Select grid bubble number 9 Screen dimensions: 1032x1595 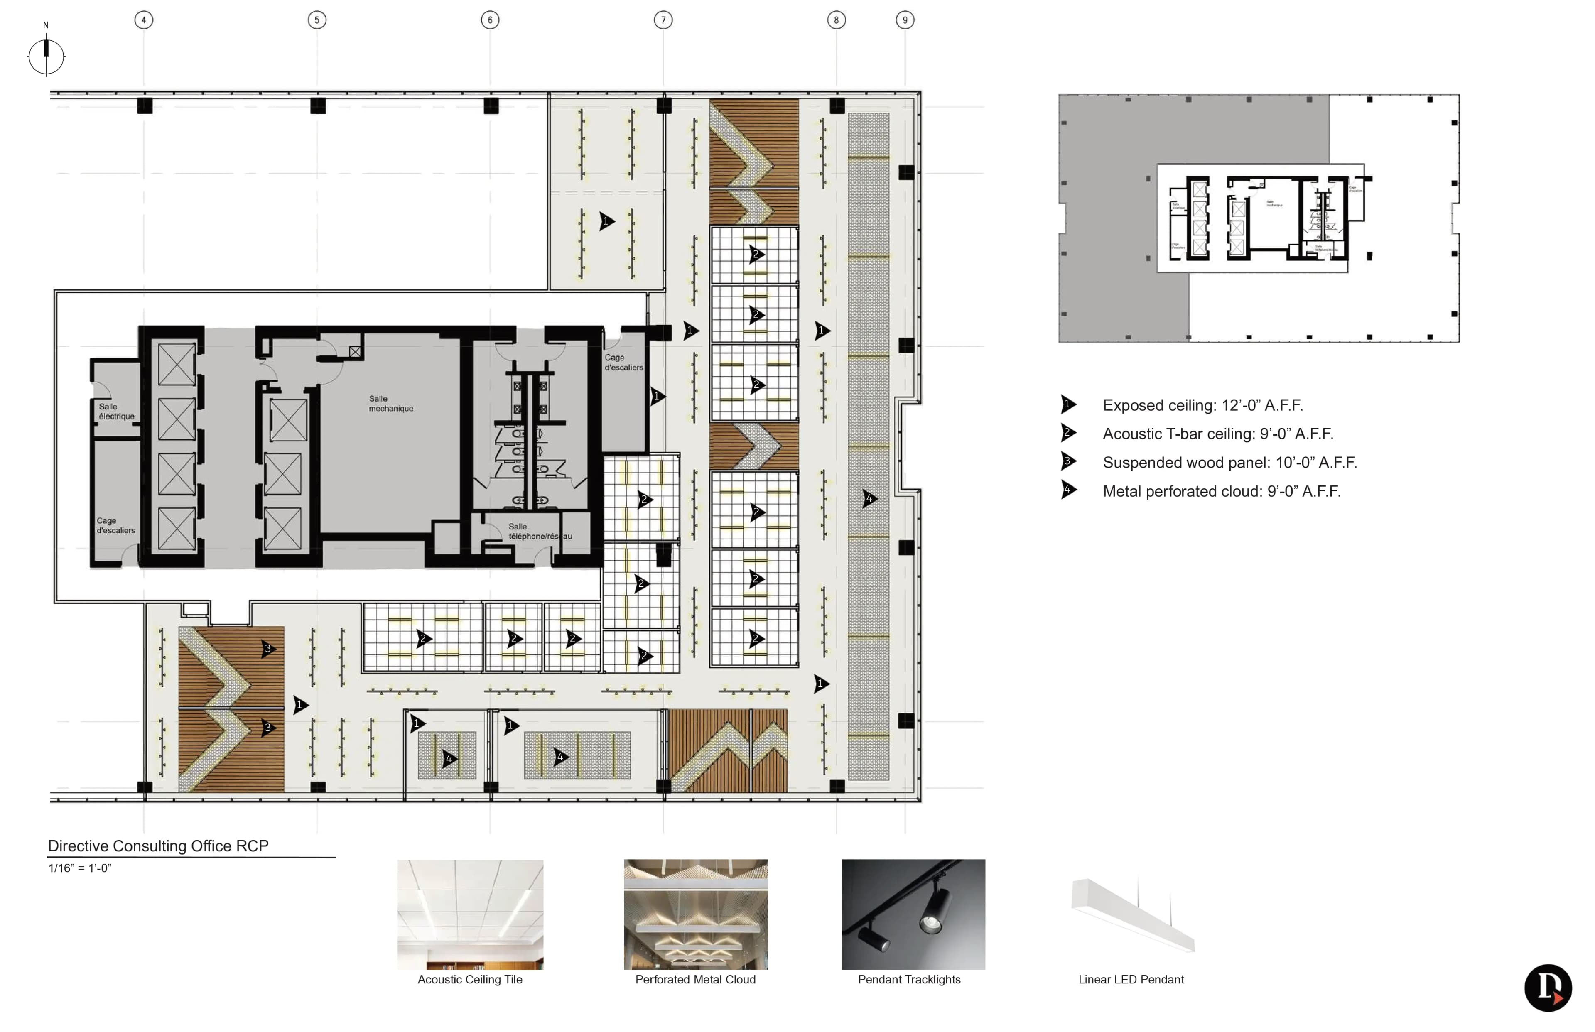click(905, 20)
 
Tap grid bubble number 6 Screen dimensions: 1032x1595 click(490, 20)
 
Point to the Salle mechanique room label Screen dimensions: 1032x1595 click(391, 403)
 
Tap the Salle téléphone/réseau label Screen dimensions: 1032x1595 click(540, 532)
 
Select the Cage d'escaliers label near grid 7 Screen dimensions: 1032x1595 click(623, 363)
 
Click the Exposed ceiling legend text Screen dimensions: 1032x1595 click(1202, 405)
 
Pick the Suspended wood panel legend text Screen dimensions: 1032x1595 click(1229, 462)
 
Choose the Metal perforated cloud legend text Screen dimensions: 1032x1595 click(1221, 491)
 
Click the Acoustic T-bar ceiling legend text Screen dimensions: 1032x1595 click(1217, 434)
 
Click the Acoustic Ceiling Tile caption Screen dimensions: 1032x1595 click(470, 979)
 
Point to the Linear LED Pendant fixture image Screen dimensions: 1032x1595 click(1133, 915)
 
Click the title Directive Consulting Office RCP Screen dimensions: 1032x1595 click(158, 846)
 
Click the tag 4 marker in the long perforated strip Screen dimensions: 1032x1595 click(869, 498)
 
